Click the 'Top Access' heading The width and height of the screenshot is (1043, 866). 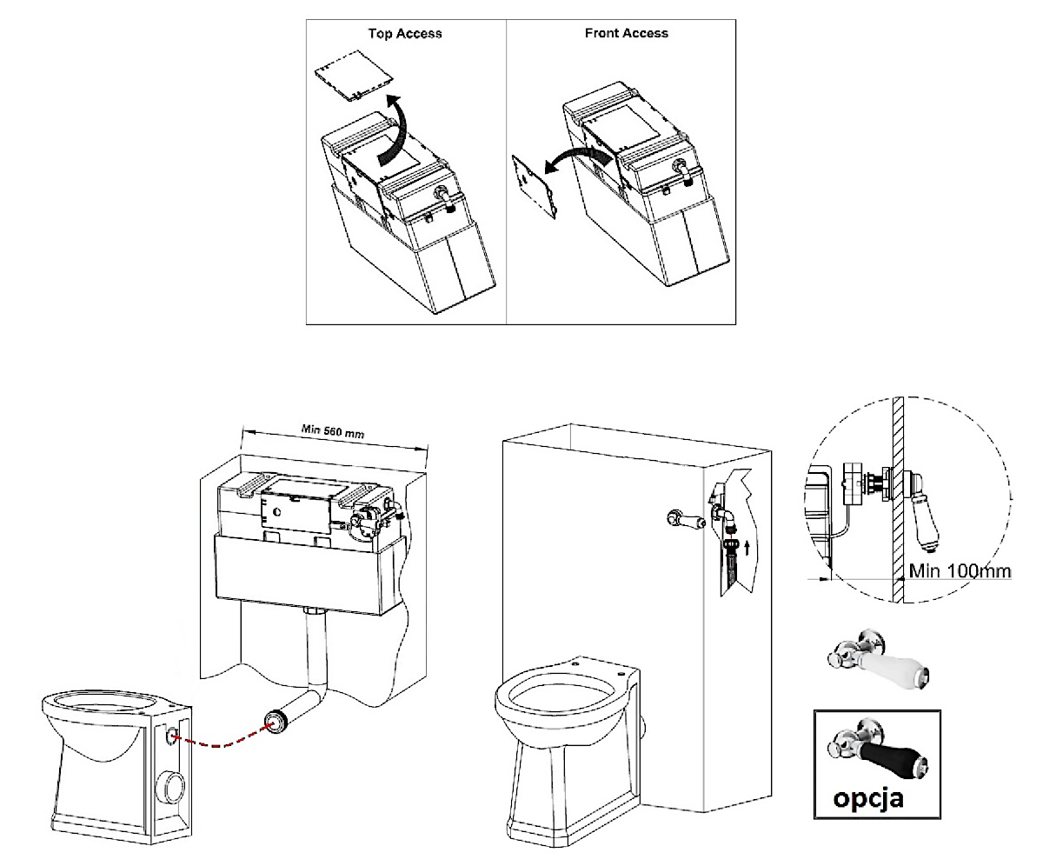pyautogui.click(x=406, y=34)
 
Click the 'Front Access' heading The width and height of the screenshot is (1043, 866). pyautogui.click(x=627, y=33)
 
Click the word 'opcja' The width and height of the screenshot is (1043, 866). pyautogui.click(x=867, y=796)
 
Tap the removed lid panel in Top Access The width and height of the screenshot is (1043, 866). pyautogui.click(x=353, y=81)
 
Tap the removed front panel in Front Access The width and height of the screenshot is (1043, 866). pyautogui.click(x=534, y=186)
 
